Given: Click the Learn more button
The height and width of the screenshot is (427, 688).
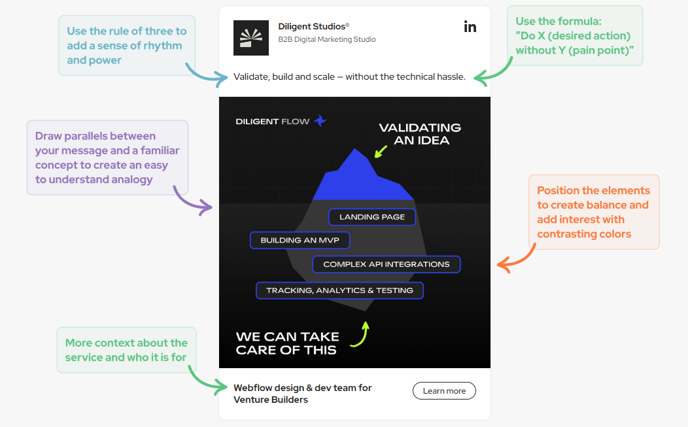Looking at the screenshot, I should click(x=444, y=391).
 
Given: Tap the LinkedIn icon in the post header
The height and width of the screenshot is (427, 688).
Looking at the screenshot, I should click(x=470, y=27).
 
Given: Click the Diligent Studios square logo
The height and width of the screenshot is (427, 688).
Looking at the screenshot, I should click(x=251, y=38).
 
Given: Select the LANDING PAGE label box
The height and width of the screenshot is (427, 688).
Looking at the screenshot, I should click(x=372, y=216).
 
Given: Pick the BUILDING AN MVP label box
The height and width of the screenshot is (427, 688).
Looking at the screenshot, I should click(x=300, y=240).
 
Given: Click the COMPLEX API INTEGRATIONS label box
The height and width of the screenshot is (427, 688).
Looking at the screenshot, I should click(x=386, y=264).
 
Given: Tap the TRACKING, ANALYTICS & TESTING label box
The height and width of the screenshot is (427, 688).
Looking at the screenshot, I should click(x=339, y=290).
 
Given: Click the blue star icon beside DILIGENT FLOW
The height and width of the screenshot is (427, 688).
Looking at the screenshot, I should click(x=320, y=121).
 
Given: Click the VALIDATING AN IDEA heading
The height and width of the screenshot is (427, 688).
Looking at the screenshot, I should click(x=420, y=133).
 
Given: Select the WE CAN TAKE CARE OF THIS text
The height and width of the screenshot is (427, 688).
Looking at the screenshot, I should click(x=288, y=343).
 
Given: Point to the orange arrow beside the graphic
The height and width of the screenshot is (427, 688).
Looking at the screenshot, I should click(x=516, y=259).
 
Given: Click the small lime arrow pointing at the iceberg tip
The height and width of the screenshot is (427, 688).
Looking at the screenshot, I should click(x=380, y=152).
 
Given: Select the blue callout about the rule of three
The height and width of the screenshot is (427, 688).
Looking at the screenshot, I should click(x=127, y=45).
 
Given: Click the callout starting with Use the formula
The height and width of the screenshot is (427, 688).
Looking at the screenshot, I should click(x=575, y=35).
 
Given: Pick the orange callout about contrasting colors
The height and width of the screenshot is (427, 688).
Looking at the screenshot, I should click(x=594, y=212).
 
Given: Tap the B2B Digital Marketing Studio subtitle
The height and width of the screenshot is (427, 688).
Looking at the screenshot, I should click(x=327, y=39).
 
